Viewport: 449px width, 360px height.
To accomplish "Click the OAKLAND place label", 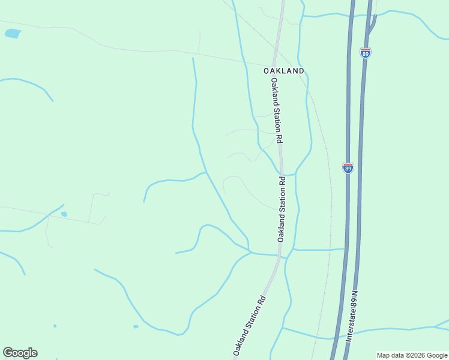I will tap(284, 71).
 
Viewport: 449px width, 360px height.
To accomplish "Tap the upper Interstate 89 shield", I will tap(366, 53).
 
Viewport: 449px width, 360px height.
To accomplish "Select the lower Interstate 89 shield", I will tap(348, 168).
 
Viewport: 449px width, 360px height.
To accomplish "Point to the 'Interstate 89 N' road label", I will tap(352, 317).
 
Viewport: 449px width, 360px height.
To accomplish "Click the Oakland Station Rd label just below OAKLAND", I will tap(276, 109).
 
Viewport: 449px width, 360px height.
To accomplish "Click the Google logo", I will tap(20, 353).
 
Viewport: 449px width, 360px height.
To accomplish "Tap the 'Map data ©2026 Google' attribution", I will tap(412, 355).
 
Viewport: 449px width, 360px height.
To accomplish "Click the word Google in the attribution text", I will tap(437, 355).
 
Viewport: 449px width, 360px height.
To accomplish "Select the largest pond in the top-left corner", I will tap(13, 34).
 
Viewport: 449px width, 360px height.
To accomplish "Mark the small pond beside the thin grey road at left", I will tap(64, 214).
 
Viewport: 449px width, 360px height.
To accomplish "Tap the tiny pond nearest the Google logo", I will tap(55, 326).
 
